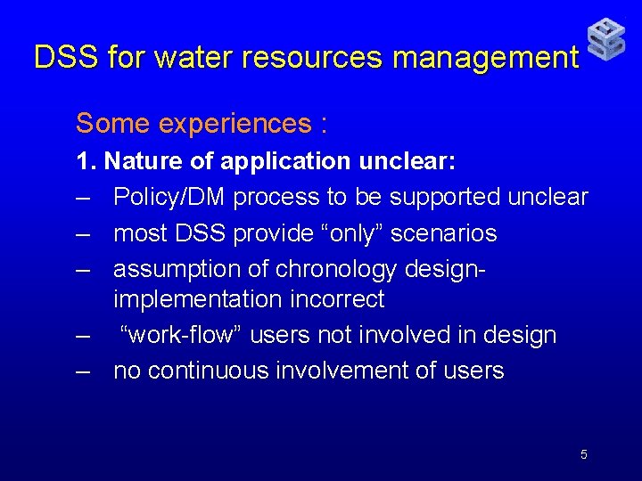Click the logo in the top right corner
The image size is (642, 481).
606,40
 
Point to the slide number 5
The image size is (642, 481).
584,455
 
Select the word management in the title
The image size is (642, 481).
486,58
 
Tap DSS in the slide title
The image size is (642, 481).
66,58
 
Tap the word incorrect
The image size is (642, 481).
338,299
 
